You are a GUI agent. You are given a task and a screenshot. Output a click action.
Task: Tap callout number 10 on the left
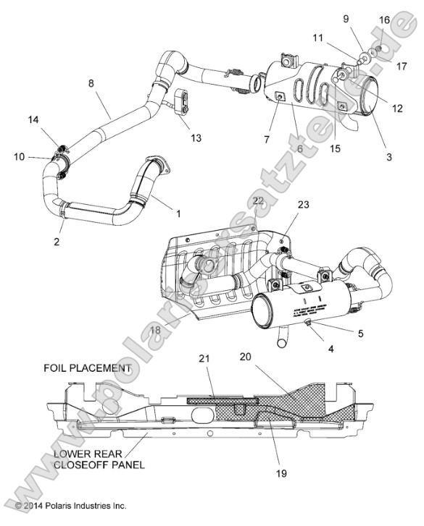pyautogui.click(x=19, y=156)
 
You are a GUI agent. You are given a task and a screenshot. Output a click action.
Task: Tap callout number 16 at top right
pyautogui.click(x=385, y=19)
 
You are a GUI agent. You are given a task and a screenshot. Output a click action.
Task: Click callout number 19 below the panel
pyautogui.click(x=281, y=473)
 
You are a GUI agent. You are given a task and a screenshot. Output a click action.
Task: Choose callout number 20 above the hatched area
pyautogui.click(x=244, y=356)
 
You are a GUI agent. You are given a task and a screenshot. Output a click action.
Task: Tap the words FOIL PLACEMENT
pyautogui.click(x=88, y=368)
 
